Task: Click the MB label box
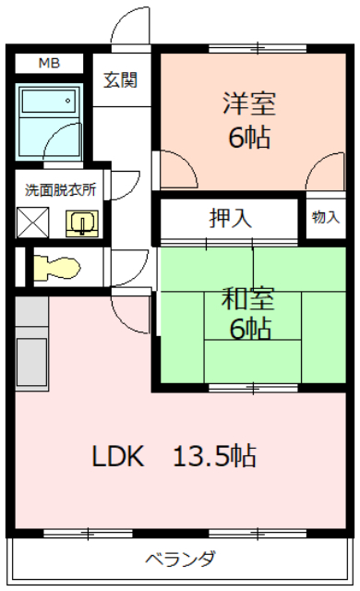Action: pyautogui.click(x=49, y=64)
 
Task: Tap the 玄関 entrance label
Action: pyautogui.click(x=121, y=80)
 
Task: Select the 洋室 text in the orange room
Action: pyautogui.click(x=249, y=103)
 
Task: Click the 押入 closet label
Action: pyautogui.click(x=230, y=218)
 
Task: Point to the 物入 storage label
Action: pyautogui.click(x=326, y=218)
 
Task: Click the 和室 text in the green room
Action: pyautogui.click(x=248, y=298)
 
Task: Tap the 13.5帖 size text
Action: pyautogui.click(x=215, y=456)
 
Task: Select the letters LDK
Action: pyautogui.click(x=118, y=456)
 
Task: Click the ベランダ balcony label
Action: pyautogui.click(x=181, y=559)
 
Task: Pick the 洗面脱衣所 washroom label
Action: pyautogui.click(x=60, y=189)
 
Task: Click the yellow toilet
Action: pyautogui.click(x=57, y=268)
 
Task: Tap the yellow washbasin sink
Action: pyautogui.click(x=82, y=223)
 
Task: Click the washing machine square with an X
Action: pyautogui.click(x=32, y=223)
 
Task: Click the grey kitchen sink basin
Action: pyautogui.click(x=32, y=361)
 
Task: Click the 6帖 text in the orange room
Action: pyautogui.click(x=249, y=138)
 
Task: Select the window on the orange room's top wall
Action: pyautogui.click(x=258, y=48)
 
